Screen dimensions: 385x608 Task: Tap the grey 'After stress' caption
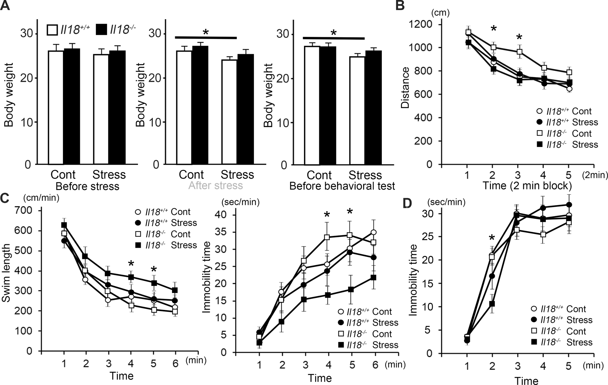[215, 186]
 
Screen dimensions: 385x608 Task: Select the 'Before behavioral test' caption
[342, 186]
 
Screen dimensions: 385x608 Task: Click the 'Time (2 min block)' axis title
[527, 186]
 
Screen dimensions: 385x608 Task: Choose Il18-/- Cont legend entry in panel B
[568, 134]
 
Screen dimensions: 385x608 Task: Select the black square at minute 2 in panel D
[492, 304]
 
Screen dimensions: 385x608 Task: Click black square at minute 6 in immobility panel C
[373, 278]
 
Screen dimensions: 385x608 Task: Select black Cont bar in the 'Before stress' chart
[71, 106]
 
